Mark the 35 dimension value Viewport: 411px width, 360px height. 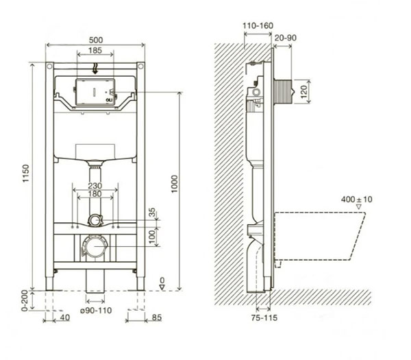152,212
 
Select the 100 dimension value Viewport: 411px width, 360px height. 152,235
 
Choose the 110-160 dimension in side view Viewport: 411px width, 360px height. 258,26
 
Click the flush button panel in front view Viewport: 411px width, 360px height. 95,91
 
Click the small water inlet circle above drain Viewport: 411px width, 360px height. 95,220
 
